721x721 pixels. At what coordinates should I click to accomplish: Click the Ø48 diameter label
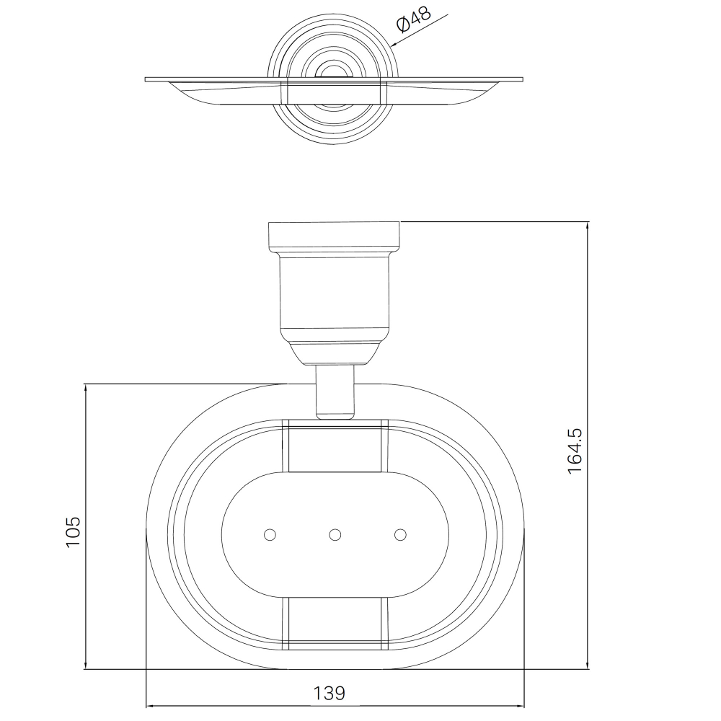point(413,19)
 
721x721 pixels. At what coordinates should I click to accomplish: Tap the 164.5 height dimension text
point(575,451)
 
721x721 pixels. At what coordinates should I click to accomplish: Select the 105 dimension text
point(73,531)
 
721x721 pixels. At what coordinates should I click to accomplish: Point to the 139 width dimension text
point(329,693)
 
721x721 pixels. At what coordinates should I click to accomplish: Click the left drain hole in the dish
point(270,535)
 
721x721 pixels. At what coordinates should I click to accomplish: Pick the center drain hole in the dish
point(335,535)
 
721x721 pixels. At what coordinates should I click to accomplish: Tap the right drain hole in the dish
point(400,535)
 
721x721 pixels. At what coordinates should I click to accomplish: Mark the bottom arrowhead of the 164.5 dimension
point(588,665)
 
